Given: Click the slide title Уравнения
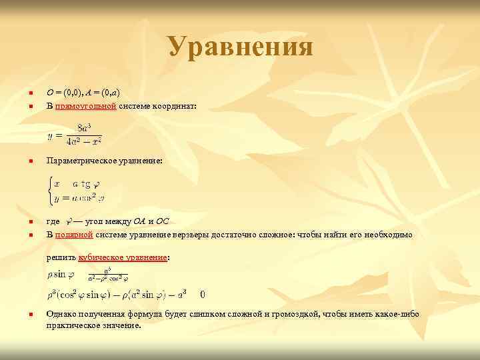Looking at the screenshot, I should coord(240,47).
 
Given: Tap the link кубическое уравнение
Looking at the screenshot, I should coord(123,257).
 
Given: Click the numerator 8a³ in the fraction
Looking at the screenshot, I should coord(84,128).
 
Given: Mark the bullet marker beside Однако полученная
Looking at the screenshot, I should coord(31,314).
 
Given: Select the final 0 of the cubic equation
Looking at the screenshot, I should coord(202,294).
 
